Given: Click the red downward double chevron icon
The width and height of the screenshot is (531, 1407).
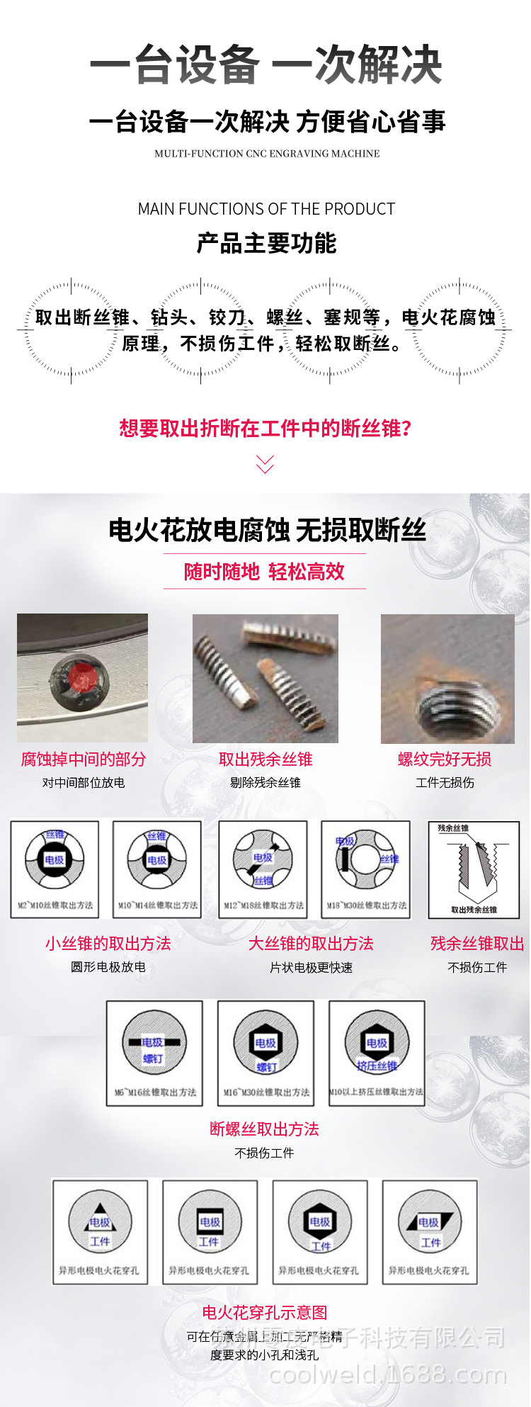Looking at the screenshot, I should (x=265, y=464).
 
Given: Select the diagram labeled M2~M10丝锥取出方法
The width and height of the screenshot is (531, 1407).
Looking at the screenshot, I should (x=55, y=869).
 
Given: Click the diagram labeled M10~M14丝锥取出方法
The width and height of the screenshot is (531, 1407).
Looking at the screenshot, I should (x=156, y=869).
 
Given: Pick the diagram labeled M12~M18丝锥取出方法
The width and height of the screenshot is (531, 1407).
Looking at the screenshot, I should (x=263, y=869).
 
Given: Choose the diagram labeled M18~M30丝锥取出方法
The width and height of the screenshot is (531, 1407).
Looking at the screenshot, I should (x=365, y=869).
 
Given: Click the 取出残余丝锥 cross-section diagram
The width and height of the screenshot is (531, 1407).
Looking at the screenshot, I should (x=474, y=869).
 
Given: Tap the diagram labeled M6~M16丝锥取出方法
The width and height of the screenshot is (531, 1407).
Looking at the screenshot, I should (x=154, y=1053).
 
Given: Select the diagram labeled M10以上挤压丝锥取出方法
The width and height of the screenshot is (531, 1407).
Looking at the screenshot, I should (x=377, y=1053).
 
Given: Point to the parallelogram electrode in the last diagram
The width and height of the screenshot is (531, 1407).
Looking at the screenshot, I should (x=429, y=1222).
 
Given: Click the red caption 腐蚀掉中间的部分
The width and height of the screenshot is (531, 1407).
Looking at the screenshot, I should (x=84, y=759).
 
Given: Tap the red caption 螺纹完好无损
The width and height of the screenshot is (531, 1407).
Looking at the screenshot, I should (x=445, y=759).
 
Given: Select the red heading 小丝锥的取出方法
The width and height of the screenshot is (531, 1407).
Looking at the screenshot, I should (x=108, y=944).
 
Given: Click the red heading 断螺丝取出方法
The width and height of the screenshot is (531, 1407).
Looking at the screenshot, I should (x=264, y=1129).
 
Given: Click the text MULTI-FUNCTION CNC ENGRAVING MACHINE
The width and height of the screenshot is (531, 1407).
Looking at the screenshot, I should (x=267, y=154).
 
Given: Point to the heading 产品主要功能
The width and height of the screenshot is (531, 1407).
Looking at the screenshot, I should (x=266, y=244).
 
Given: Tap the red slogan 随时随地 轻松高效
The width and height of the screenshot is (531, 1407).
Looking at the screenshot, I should (x=264, y=572).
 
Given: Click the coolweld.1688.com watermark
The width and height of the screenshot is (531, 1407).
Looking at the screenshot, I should (x=388, y=1374).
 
